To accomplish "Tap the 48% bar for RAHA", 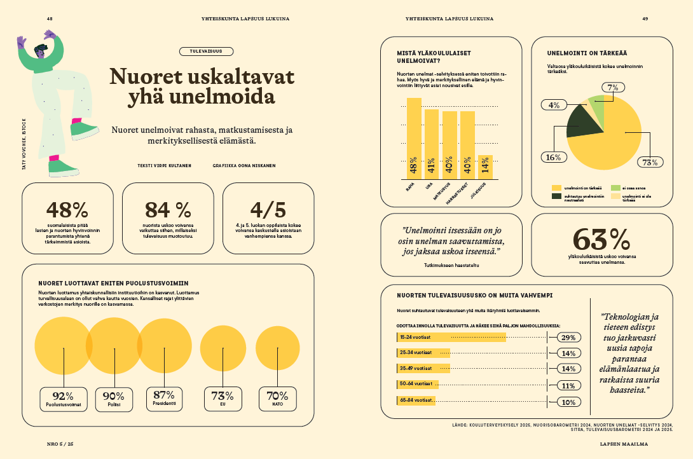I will [414, 139].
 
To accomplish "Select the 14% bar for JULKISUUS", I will [485, 167].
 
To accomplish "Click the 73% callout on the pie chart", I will [649, 162].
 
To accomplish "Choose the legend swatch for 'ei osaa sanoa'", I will [615, 188].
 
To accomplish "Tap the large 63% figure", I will [601, 239].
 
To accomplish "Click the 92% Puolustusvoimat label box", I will [64, 399].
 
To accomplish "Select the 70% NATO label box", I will [277, 399].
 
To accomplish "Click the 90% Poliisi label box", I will [114, 399].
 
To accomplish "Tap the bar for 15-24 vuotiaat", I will [451, 338].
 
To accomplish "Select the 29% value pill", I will [568, 338].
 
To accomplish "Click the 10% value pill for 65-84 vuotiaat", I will [568, 402].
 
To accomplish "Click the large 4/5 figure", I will [268, 210].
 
